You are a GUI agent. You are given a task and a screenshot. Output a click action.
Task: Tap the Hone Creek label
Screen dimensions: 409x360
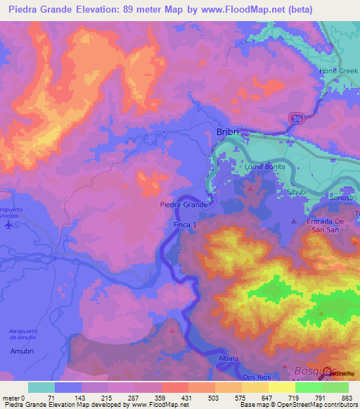(339, 71)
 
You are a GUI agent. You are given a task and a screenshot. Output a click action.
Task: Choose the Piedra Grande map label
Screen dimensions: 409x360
(183, 204)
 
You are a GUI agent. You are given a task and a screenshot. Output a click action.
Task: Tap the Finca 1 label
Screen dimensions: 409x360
(187, 223)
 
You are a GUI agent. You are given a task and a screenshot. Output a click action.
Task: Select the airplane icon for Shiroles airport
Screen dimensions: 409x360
(9, 225)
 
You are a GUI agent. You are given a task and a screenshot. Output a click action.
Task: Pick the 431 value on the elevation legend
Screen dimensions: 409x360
(186, 398)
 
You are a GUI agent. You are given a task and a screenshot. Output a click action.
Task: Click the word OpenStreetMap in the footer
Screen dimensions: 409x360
(326, 405)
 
